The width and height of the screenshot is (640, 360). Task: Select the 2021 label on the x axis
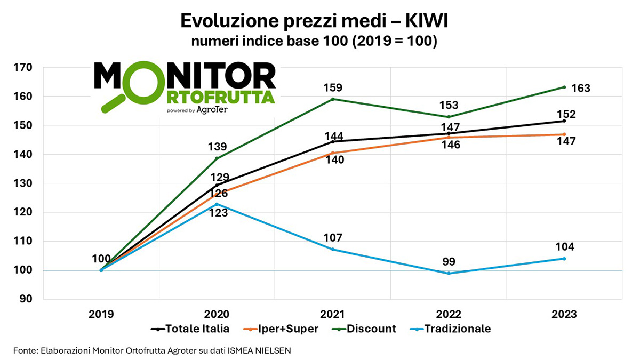pyautogui.click(x=333, y=314)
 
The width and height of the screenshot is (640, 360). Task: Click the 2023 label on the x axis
pyautogui.click(x=564, y=314)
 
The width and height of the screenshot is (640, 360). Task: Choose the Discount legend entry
pyautogui.click(x=371, y=329)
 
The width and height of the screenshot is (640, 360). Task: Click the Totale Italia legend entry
pyautogui.click(x=197, y=329)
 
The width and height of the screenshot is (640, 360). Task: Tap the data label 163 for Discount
pyautogui.click(x=580, y=89)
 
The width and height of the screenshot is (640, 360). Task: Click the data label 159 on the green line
pyautogui.click(x=333, y=87)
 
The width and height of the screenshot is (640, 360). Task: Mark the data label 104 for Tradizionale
pyautogui.click(x=564, y=247)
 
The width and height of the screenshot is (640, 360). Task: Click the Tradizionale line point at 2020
pyautogui.click(x=217, y=204)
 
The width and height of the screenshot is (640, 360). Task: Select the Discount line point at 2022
pyautogui.click(x=449, y=117)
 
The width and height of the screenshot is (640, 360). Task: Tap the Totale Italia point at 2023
pyautogui.click(x=564, y=121)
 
